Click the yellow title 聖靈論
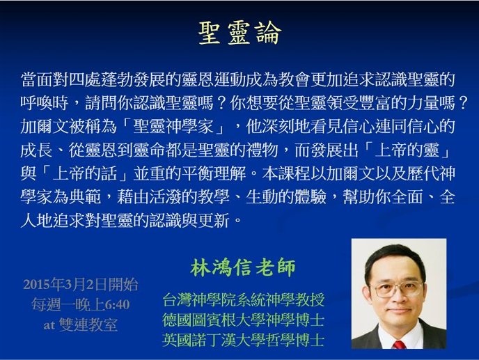[239, 33]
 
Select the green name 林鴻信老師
[243, 267]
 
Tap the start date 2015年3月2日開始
[81, 285]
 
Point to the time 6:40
[117, 305]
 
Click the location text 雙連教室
[88, 325]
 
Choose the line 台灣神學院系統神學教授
[243, 299]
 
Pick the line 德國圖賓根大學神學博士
[243, 320]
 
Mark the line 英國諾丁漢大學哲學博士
[243, 340]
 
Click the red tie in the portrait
[399, 345]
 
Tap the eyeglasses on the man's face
[396, 289]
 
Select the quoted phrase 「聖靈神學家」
[173, 127]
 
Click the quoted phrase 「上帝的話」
[85, 174]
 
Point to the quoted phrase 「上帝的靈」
[407, 150]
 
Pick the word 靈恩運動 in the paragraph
[213, 80]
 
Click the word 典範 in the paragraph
[85, 198]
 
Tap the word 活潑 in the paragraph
[165, 198]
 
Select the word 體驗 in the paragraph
[311, 198]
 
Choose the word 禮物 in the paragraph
[262, 150]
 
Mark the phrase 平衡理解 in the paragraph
[213, 174]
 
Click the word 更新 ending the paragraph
[213, 221]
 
